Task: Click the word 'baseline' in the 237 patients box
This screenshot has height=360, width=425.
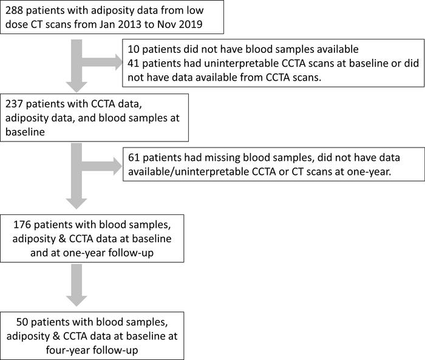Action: point(25,132)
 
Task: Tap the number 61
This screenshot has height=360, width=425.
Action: point(134,157)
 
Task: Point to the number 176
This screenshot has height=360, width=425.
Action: point(22,225)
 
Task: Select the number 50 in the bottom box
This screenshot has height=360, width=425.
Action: point(22,322)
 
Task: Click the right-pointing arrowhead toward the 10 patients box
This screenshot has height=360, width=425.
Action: point(118,62)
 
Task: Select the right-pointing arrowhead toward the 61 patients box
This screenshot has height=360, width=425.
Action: point(118,166)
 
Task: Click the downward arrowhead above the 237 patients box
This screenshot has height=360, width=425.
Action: point(76,87)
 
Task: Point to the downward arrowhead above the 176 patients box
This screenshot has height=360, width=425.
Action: point(76,204)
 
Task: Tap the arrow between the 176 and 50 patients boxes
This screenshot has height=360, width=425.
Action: point(76,285)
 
